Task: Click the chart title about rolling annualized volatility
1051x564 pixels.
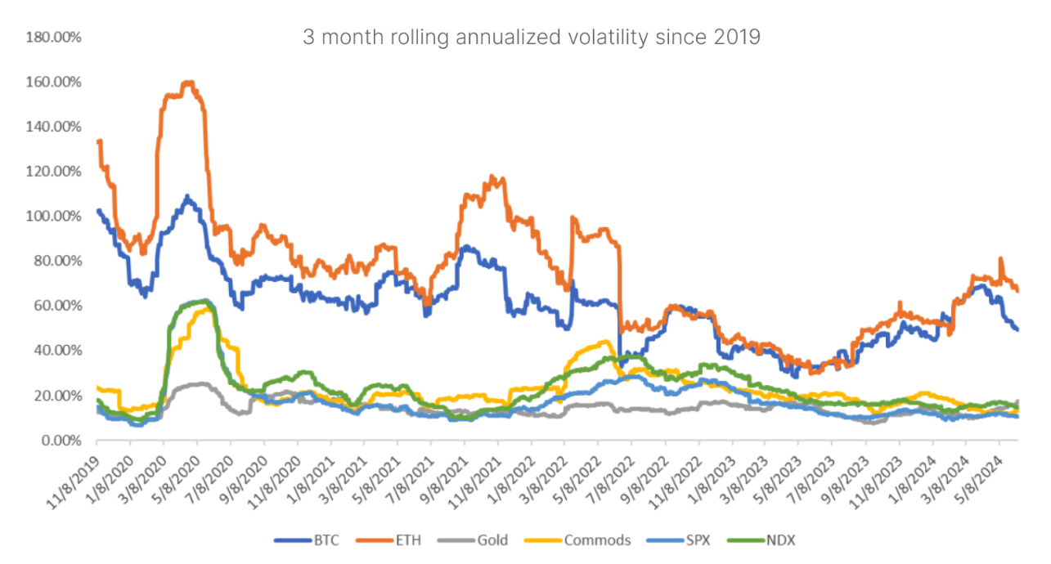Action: (532, 38)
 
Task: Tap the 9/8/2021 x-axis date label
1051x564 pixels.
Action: (447, 469)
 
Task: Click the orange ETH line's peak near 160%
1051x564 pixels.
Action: (189, 82)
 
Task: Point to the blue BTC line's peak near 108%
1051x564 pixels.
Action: (187, 197)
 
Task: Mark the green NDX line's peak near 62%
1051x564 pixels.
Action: (204, 301)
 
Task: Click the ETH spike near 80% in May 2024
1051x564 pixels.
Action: (1001, 259)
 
